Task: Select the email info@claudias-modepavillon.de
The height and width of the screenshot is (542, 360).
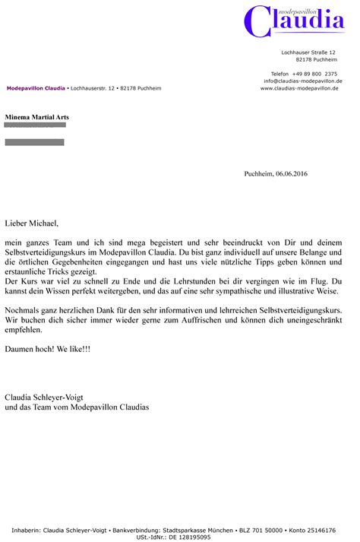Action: pos(303,81)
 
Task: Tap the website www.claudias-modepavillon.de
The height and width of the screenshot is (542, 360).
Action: pos(301,88)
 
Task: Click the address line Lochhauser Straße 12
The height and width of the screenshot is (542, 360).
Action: pos(308,52)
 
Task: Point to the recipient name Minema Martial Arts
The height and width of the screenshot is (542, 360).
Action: pos(36,117)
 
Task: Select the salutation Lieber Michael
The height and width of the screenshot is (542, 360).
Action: pos(31,223)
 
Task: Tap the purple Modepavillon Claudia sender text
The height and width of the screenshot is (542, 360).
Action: pos(36,88)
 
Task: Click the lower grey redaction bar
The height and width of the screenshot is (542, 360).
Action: pos(34,142)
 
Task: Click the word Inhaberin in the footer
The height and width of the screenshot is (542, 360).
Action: pos(27,529)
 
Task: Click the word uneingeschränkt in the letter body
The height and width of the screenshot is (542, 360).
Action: pos(312,321)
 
